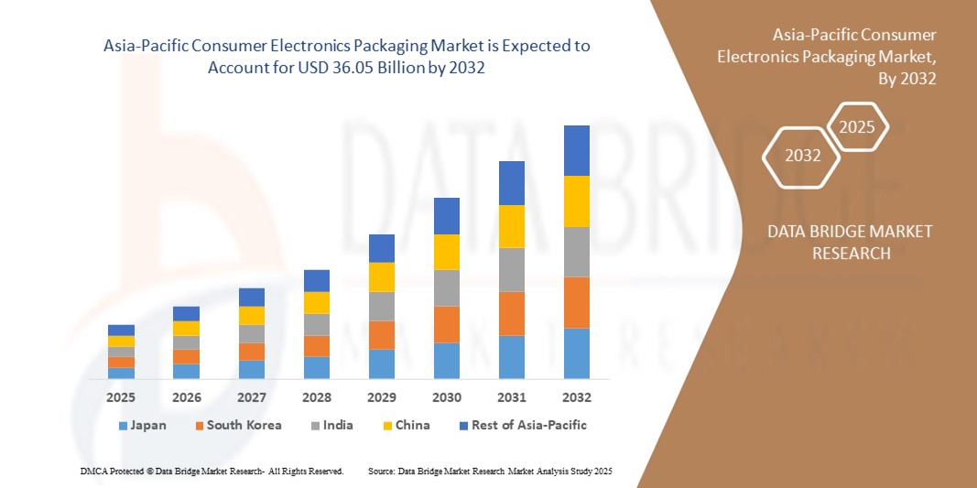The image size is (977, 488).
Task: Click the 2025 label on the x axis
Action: pyautogui.click(x=121, y=397)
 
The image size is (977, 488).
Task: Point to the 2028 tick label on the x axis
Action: pyautogui.click(x=316, y=397)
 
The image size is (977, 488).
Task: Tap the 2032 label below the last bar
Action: pyautogui.click(x=577, y=397)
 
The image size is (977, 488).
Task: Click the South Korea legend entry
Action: pyautogui.click(x=237, y=425)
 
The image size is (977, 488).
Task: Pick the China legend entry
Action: pyautogui.click(x=406, y=425)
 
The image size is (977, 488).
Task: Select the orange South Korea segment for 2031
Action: pyautogui.click(x=512, y=313)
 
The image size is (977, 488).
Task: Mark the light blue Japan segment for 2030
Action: pyautogui.click(x=447, y=361)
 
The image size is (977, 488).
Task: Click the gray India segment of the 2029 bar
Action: pyautogui.click(x=382, y=306)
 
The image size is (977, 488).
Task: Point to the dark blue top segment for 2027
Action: pyautogui.click(x=252, y=297)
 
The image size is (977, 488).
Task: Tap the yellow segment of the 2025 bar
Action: pyautogui.click(x=121, y=341)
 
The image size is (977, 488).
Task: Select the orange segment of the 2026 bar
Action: pyautogui.click(x=186, y=356)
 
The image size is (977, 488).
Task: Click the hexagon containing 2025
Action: pyautogui.click(x=857, y=127)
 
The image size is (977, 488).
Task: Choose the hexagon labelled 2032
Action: pyautogui.click(x=802, y=156)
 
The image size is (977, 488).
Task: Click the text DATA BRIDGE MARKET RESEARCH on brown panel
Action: pyautogui.click(x=851, y=242)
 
